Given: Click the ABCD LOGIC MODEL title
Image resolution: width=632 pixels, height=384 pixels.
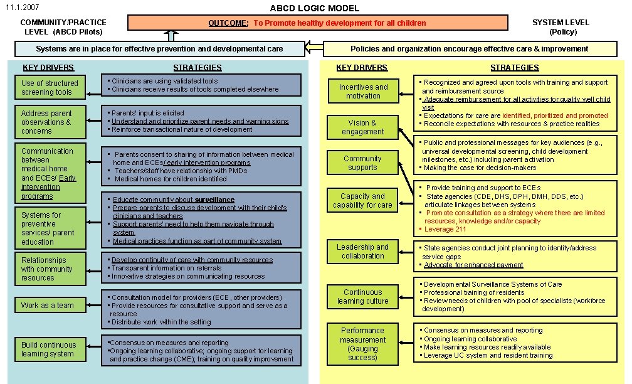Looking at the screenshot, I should point(315,8).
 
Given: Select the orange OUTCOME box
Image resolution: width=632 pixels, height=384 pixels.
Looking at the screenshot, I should point(317,23).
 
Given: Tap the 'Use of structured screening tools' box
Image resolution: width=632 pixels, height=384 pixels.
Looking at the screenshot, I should point(50,88).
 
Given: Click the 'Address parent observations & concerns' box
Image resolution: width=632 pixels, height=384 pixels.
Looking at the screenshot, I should point(50,122).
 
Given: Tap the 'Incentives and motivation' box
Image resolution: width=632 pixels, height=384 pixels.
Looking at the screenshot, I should point(363,92).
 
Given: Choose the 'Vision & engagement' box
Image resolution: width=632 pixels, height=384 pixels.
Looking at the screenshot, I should point(363,127).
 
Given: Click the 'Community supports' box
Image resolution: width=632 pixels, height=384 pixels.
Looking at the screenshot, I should point(363,163).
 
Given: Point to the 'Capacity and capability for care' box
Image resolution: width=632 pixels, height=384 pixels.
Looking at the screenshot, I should point(363,201).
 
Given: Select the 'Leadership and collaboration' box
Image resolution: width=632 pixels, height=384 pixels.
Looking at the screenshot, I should point(363,252).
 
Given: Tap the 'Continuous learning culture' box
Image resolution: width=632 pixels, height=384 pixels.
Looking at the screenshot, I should point(363,297).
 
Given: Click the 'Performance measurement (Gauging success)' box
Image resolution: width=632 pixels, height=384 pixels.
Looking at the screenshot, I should point(363,344).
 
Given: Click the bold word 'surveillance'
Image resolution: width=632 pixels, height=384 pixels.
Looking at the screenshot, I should point(214,200).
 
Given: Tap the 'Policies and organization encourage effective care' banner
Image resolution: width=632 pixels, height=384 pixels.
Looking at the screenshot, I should point(469,49).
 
